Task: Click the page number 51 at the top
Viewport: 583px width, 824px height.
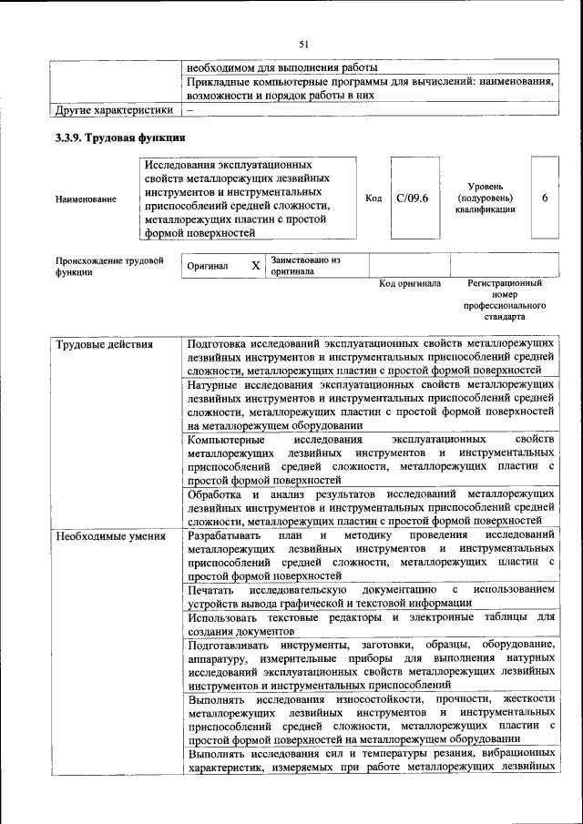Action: pyautogui.click(x=304, y=44)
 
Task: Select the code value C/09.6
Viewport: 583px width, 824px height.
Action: pyautogui.click(x=412, y=198)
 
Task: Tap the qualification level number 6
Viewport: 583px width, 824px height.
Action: pyautogui.click(x=545, y=198)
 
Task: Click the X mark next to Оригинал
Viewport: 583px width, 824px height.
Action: pyautogui.click(x=255, y=266)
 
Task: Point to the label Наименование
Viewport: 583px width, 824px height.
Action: pyautogui.click(x=86, y=198)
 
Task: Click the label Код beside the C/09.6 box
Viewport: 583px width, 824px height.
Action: pyautogui.click(x=373, y=198)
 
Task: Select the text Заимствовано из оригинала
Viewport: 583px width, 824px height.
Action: pyautogui.click(x=305, y=265)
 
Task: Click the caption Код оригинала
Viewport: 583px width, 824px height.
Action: pyautogui.click(x=410, y=284)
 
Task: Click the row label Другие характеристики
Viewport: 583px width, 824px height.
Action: pyautogui.click(x=113, y=110)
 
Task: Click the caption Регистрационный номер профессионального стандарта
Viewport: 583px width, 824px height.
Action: pyautogui.click(x=504, y=300)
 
